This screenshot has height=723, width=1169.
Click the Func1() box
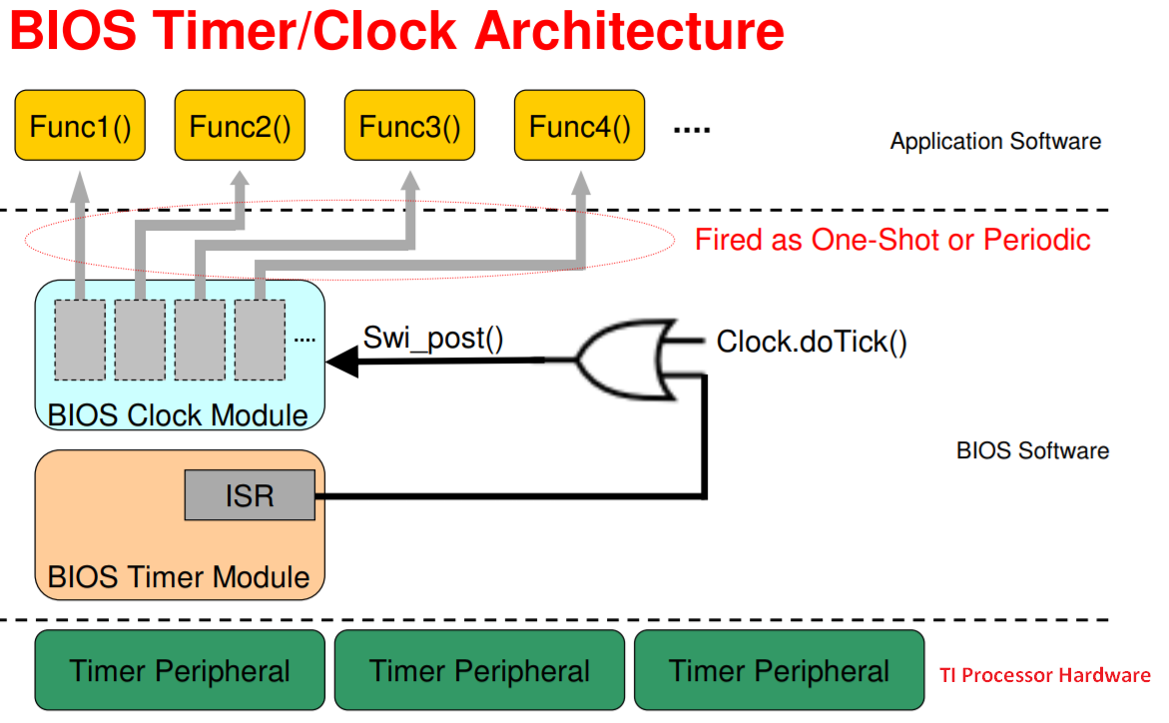pyautogui.click(x=80, y=126)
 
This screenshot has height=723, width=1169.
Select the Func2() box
pyautogui.click(x=240, y=126)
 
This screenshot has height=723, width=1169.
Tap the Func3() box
pyautogui.click(x=409, y=126)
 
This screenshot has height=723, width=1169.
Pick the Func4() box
pyautogui.click(x=579, y=126)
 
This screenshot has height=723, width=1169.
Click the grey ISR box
pyautogui.click(x=250, y=495)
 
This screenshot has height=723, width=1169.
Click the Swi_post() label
pyautogui.click(x=432, y=338)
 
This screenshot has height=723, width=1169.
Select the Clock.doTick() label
pyautogui.click(x=812, y=342)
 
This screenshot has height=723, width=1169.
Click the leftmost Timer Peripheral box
pyautogui.click(x=180, y=670)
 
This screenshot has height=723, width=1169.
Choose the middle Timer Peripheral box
pyautogui.click(x=479, y=670)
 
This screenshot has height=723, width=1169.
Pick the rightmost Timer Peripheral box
pyautogui.click(x=779, y=670)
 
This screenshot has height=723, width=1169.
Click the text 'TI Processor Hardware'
pyautogui.click(x=1044, y=675)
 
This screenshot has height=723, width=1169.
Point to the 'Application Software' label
pyautogui.click(x=995, y=141)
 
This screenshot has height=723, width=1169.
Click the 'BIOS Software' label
pyautogui.click(x=1032, y=450)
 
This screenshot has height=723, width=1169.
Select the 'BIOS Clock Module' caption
pyautogui.click(x=178, y=415)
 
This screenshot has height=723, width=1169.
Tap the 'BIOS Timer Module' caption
pyautogui.click(x=179, y=577)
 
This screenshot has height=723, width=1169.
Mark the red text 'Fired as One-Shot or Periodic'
pyautogui.click(x=892, y=240)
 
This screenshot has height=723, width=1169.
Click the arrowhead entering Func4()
pyautogui.click(x=579, y=183)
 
